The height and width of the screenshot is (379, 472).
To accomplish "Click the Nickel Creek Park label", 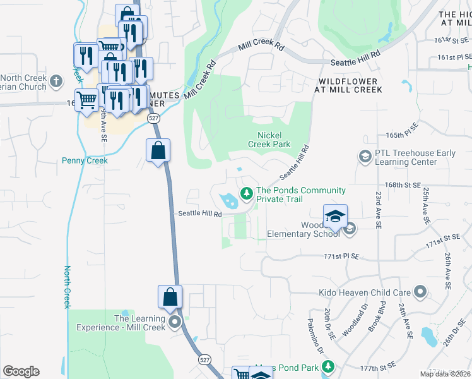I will coord(274,140).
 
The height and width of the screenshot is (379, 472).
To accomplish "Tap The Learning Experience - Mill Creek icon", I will coord(174,322).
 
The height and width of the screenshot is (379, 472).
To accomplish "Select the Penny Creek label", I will coord(85,160).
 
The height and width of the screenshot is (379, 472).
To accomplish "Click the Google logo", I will coord(21,371).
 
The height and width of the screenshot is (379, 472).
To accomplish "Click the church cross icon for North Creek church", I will coord(56,81).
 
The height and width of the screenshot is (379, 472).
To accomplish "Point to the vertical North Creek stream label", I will coord(67,287).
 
